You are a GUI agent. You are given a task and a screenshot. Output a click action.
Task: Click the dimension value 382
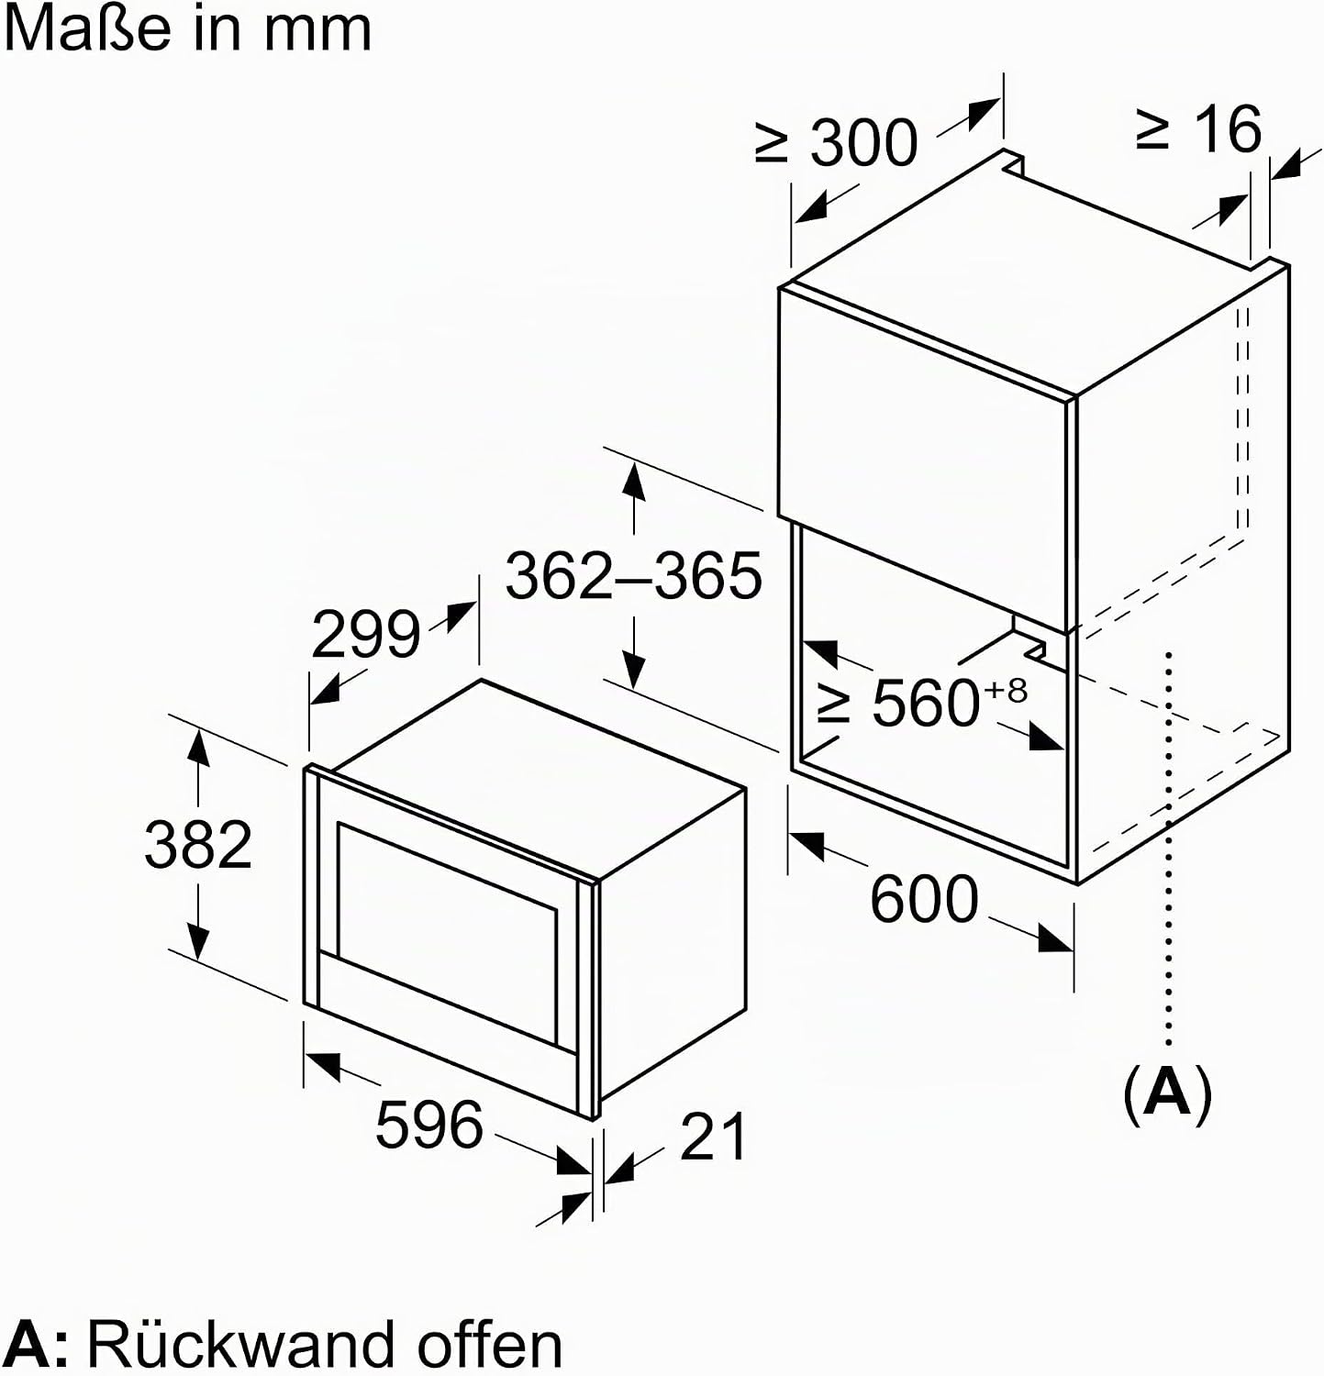click(x=198, y=844)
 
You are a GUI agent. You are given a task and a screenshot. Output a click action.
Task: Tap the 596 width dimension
click(x=428, y=1124)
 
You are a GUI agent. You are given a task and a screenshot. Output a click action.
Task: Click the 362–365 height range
click(x=633, y=575)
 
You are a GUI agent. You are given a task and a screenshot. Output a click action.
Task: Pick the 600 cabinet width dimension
click(x=924, y=899)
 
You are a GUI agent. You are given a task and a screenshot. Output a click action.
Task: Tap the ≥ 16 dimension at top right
click(x=1198, y=129)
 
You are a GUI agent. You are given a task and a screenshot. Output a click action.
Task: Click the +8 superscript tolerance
click(x=1006, y=690)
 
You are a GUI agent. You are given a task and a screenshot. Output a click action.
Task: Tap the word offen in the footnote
click(x=489, y=1344)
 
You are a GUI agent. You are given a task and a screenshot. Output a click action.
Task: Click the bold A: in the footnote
click(x=37, y=1345)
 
